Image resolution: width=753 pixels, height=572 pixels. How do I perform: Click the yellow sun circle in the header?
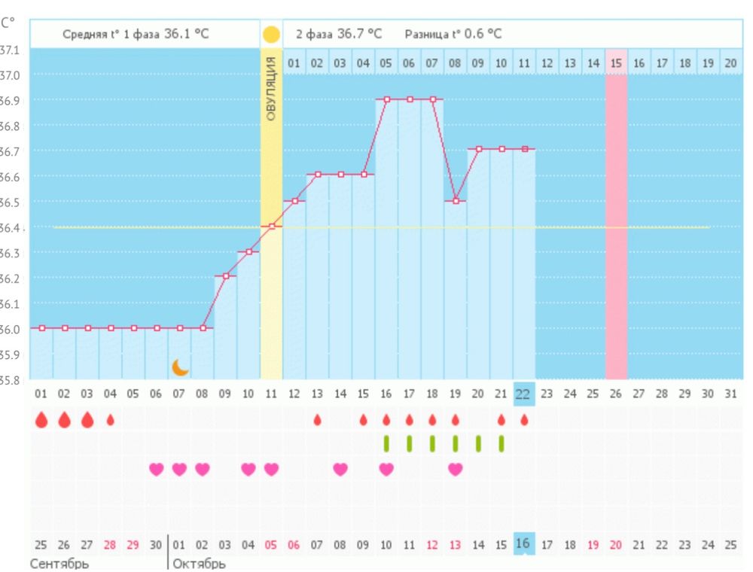point(271,35)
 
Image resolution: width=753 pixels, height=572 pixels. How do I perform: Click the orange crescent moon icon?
point(180,367)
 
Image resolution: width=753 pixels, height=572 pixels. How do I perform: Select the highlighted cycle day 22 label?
point(523,393)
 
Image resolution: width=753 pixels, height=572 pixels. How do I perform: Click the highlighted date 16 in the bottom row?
point(523,543)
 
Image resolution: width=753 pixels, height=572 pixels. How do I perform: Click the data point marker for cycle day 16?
point(386,99)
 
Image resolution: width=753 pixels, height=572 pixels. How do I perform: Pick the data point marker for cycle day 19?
point(456,201)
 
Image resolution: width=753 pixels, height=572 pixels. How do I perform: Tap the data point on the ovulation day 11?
point(271,227)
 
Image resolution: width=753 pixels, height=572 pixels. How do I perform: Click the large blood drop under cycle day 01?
point(41,420)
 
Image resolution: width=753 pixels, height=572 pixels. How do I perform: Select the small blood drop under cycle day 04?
point(110,420)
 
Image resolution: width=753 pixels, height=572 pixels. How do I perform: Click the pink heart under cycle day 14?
point(340,469)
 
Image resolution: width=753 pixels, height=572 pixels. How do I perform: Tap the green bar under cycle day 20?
point(478,443)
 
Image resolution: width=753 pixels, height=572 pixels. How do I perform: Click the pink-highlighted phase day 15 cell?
point(616,63)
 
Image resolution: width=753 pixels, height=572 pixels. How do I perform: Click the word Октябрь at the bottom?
point(199,564)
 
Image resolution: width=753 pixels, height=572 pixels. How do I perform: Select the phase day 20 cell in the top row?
point(730,63)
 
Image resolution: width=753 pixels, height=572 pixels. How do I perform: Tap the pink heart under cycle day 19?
point(456,469)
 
